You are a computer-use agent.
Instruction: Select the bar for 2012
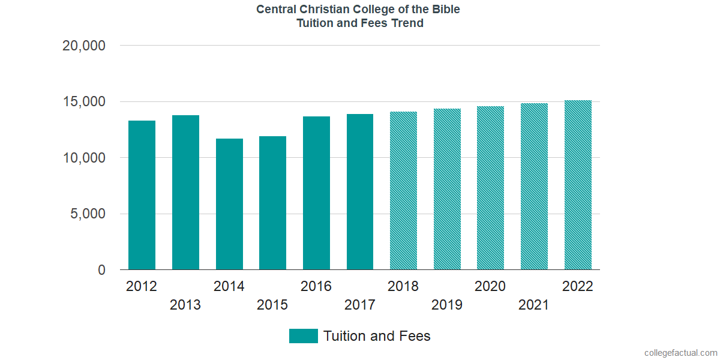pos(142,195)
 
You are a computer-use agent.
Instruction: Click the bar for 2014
pos(229,204)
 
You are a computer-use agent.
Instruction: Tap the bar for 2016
pos(316,193)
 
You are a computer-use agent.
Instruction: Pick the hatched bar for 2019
pos(447,189)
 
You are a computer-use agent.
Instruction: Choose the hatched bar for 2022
pos(578,185)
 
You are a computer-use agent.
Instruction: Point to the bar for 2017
pos(360,192)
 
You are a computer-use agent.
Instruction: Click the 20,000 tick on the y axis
pos(84,46)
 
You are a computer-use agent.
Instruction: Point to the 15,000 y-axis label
pos(84,102)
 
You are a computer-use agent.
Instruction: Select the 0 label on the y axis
pos(101,271)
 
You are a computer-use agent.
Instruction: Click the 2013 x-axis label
pos(185,305)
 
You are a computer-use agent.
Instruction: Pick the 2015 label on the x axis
pos(272,305)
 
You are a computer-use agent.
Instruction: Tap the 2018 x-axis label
pos(403,286)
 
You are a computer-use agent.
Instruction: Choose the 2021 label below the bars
pos(534,305)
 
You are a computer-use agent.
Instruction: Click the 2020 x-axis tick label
pos(490,286)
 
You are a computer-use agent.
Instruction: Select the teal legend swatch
pos(303,336)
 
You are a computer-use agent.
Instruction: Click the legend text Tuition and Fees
pos(377,336)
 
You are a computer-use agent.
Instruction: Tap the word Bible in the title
pos(445,10)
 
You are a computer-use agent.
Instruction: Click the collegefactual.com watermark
pos(680,353)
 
